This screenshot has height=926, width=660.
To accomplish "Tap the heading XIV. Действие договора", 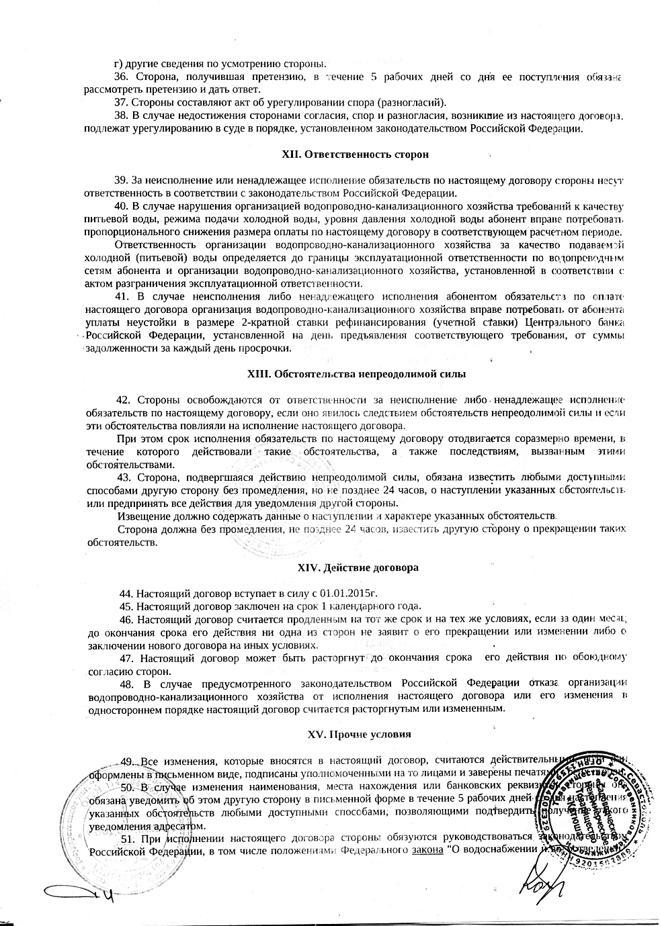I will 358,567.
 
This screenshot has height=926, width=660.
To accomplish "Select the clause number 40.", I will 122,205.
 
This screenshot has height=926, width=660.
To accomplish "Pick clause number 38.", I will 122,116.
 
